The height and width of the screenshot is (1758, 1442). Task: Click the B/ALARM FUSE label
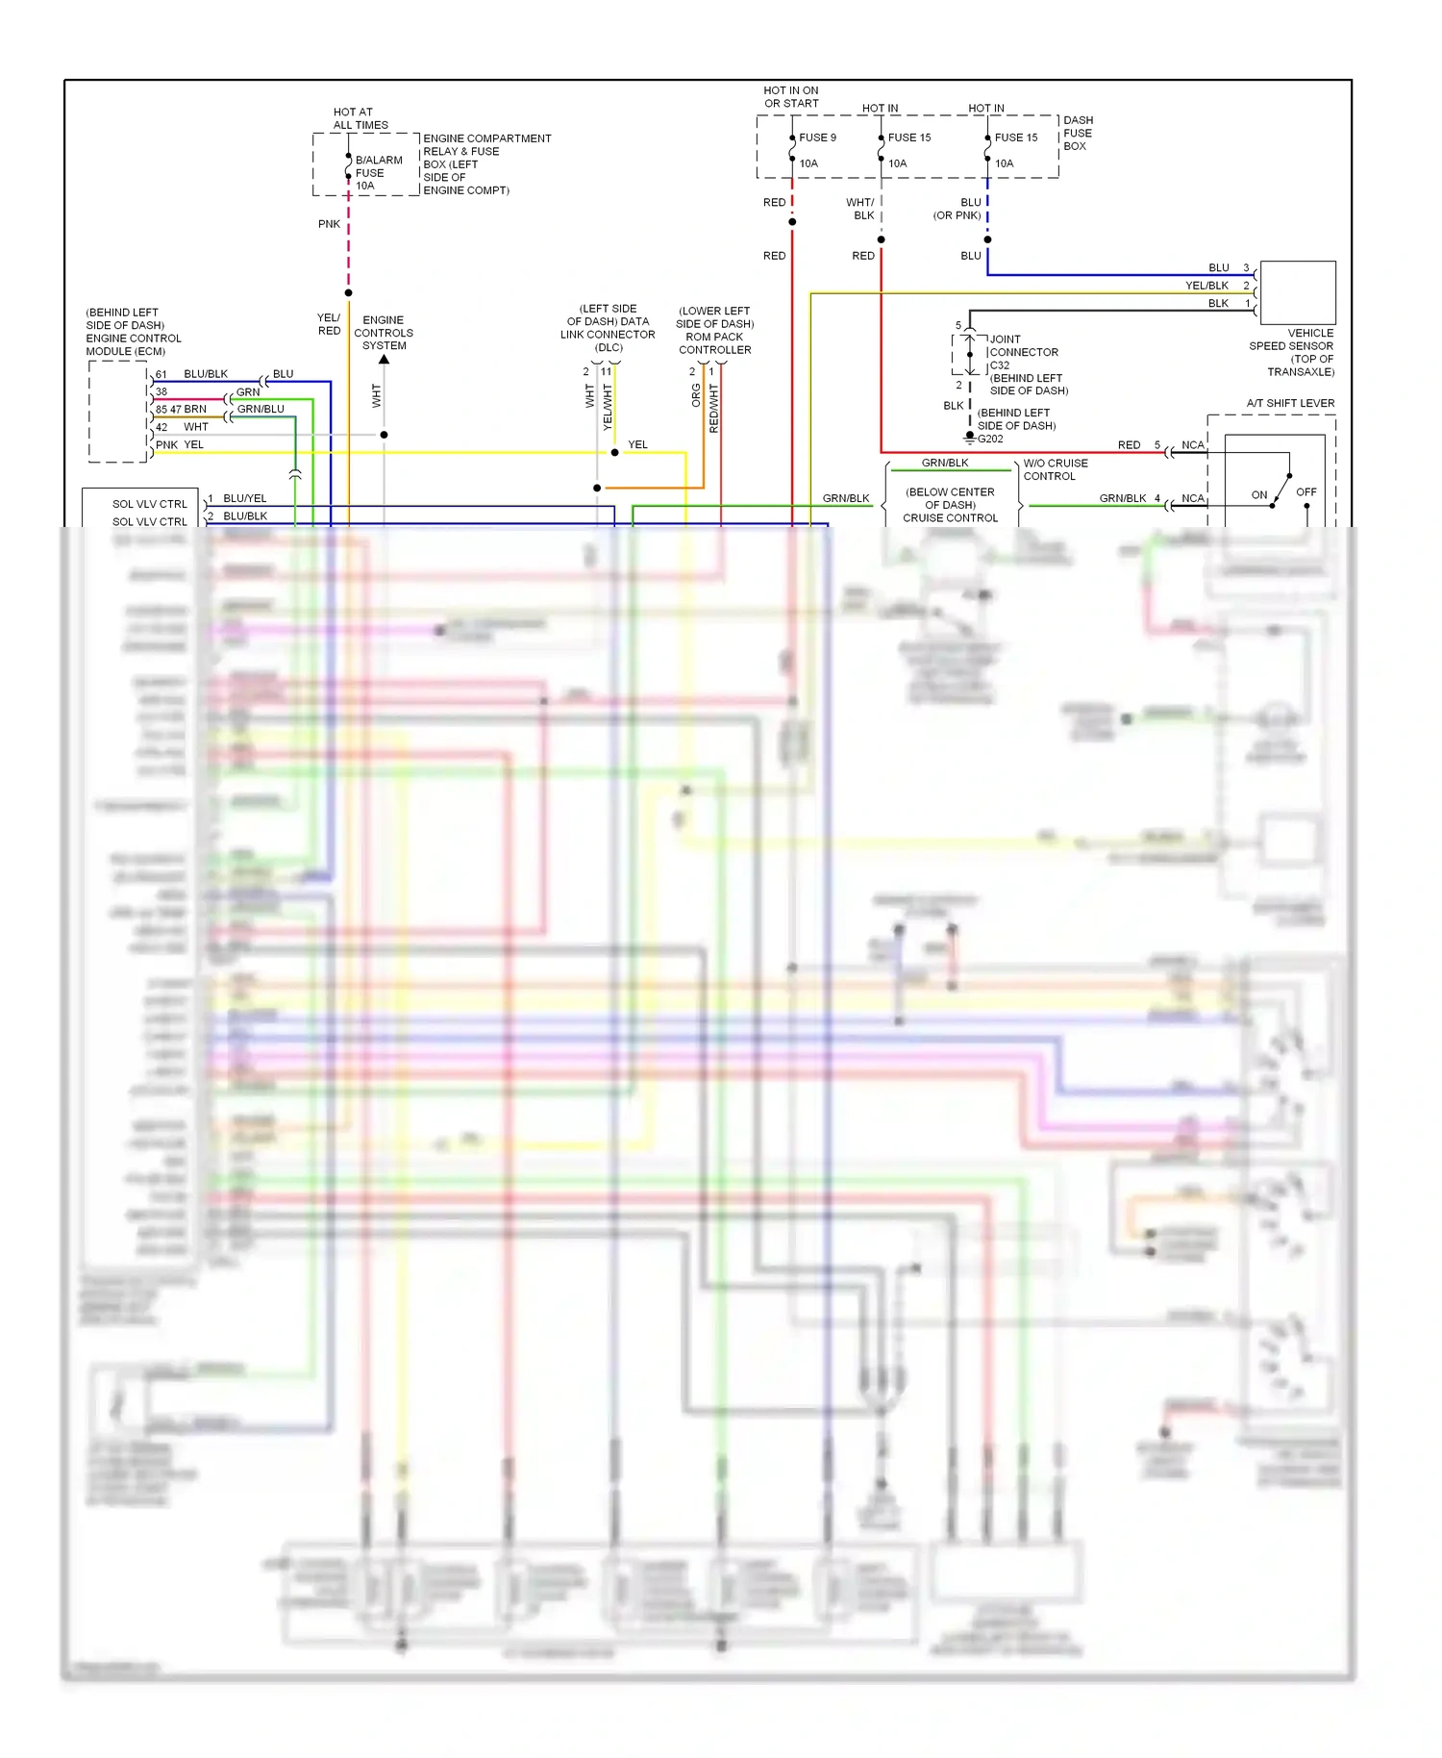pyautogui.click(x=378, y=173)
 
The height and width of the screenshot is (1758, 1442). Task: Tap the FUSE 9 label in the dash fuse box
pyautogui.click(x=817, y=138)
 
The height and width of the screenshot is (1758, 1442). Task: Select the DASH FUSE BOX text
pyautogui.click(x=1077, y=134)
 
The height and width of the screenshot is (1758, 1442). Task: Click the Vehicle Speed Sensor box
pyautogui.click(x=1297, y=292)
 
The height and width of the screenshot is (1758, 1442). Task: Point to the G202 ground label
pyautogui.click(x=990, y=439)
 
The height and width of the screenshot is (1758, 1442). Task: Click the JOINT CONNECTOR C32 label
pyautogui.click(x=1023, y=352)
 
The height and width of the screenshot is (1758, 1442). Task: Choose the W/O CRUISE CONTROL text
pyautogui.click(x=1055, y=470)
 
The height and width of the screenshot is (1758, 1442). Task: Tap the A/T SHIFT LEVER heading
pyautogui.click(x=1290, y=404)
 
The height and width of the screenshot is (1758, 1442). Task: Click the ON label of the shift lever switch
pyautogui.click(x=1258, y=495)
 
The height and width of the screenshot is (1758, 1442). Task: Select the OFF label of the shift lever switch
pyautogui.click(x=1305, y=492)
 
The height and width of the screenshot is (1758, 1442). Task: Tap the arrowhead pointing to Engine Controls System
pyautogui.click(x=384, y=360)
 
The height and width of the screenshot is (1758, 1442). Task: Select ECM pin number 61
pyautogui.click(x=162, y=375)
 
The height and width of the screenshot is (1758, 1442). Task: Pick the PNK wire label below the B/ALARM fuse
pyautogui.click(x=329, y=224)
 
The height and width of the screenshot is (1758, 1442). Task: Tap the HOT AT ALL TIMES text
pyautogui.click(x=360, y=119)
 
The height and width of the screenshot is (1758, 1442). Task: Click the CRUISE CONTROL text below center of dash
pyautogui.click(x=950, y=518)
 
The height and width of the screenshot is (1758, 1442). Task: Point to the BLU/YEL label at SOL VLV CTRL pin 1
pyautogui.click(x=244, y=498)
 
